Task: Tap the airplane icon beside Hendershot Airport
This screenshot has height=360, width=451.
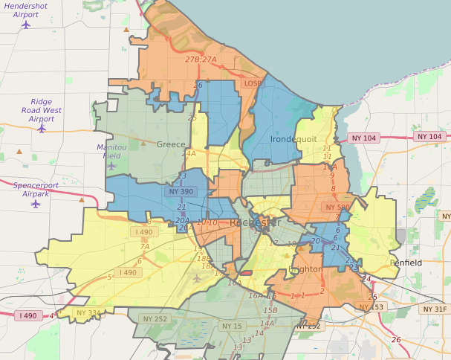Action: pos(27,24)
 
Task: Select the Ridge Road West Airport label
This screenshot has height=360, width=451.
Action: pos(42,110)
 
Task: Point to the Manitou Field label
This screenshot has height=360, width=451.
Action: pos(112,152)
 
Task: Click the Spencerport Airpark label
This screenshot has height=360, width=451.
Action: pos(36,188)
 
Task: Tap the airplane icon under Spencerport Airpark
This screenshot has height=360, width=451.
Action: pos(36,203)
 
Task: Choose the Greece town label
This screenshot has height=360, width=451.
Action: pos(171,145)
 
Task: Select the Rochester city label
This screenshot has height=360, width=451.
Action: pos(255,223)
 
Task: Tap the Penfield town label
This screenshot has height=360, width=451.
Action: pos(406,263)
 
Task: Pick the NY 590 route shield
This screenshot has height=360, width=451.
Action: pos(337,208)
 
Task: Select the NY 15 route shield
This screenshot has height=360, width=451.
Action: pos(232,326)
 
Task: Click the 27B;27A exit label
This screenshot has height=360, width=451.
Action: pos(201,60)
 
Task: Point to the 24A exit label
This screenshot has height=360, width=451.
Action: pos(189,154)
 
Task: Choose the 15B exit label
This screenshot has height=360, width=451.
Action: pos(270,310)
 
